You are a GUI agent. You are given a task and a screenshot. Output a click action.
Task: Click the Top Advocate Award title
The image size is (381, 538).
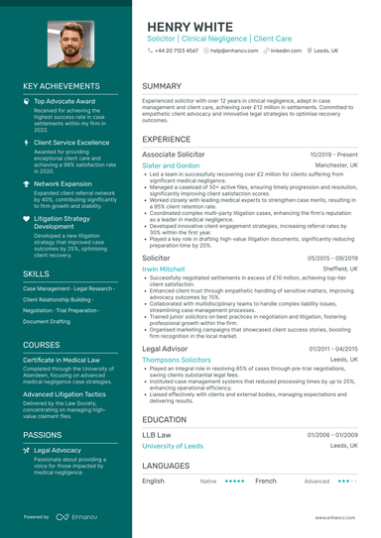(64, 101)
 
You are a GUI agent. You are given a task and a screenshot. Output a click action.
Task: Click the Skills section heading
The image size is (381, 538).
(36, 272)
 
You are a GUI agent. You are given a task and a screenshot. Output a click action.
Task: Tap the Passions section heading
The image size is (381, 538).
(43, 434)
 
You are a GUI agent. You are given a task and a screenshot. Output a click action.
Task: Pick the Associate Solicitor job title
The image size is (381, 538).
(174, 156)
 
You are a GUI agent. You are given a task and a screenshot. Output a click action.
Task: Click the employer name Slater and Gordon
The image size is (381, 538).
(172, 166)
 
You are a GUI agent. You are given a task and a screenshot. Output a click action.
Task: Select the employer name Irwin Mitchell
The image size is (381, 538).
(164, 268)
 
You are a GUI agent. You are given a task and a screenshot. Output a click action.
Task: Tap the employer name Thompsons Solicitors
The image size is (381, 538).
(177, 361)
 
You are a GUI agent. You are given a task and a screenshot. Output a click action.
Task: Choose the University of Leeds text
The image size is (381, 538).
(173, 446)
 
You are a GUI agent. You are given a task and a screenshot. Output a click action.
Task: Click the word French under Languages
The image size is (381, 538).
(266, 481)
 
